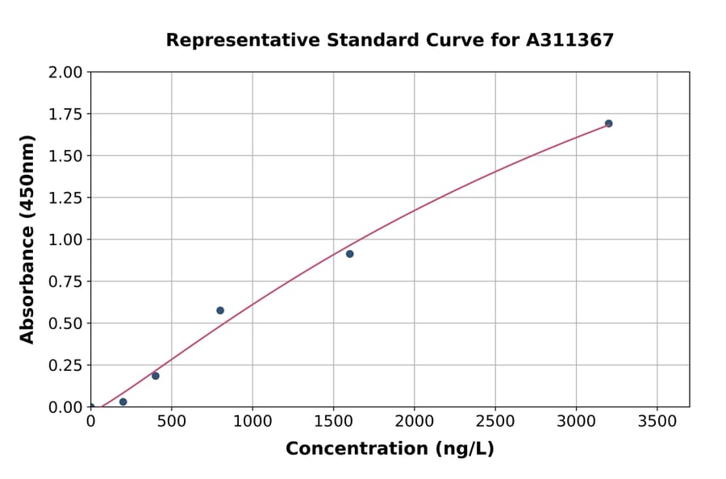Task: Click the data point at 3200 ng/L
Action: tap(608, 123)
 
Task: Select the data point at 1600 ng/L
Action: tap(349, 254)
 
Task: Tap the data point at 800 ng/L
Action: tap(220, 310)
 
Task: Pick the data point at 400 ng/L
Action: tap(156, 376)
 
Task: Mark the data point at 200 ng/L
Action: tap(123, 402)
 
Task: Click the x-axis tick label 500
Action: tap(172, 421)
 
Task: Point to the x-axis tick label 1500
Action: tap(333, 421)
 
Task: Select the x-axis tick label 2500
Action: tap(495, 421)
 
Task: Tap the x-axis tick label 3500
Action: tap(657, 421)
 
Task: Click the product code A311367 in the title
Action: tap(570, 40)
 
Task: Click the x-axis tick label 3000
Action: tap(576, 421)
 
